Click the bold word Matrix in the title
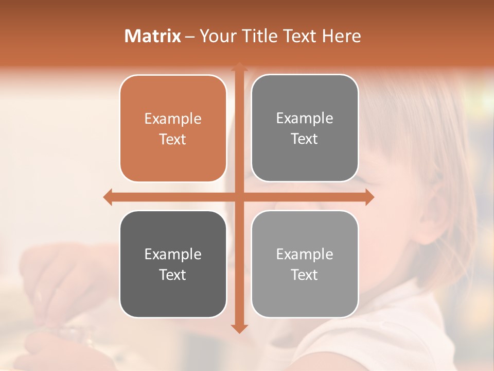pyautogui.click(x=153, y=36)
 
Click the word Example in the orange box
pyautogui.click(x=173, y=119)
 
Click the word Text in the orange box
pyautogui.click(x=173, y=140)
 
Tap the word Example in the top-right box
pyautogui.click(x=305, y=119)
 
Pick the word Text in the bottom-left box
pyautogui.click(x=173, y=275)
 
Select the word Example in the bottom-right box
pyautogui.click(x=305, y=254)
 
